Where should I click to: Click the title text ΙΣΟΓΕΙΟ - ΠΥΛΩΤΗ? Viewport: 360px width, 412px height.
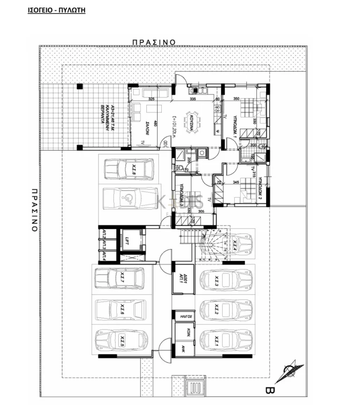[57, 9]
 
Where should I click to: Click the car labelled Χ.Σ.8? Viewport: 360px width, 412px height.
[128, 169]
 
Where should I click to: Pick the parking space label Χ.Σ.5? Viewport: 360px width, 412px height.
[122, 340]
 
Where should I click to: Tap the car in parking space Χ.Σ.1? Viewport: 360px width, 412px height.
[225, 340]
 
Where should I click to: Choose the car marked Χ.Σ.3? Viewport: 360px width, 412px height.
[225, 280]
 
